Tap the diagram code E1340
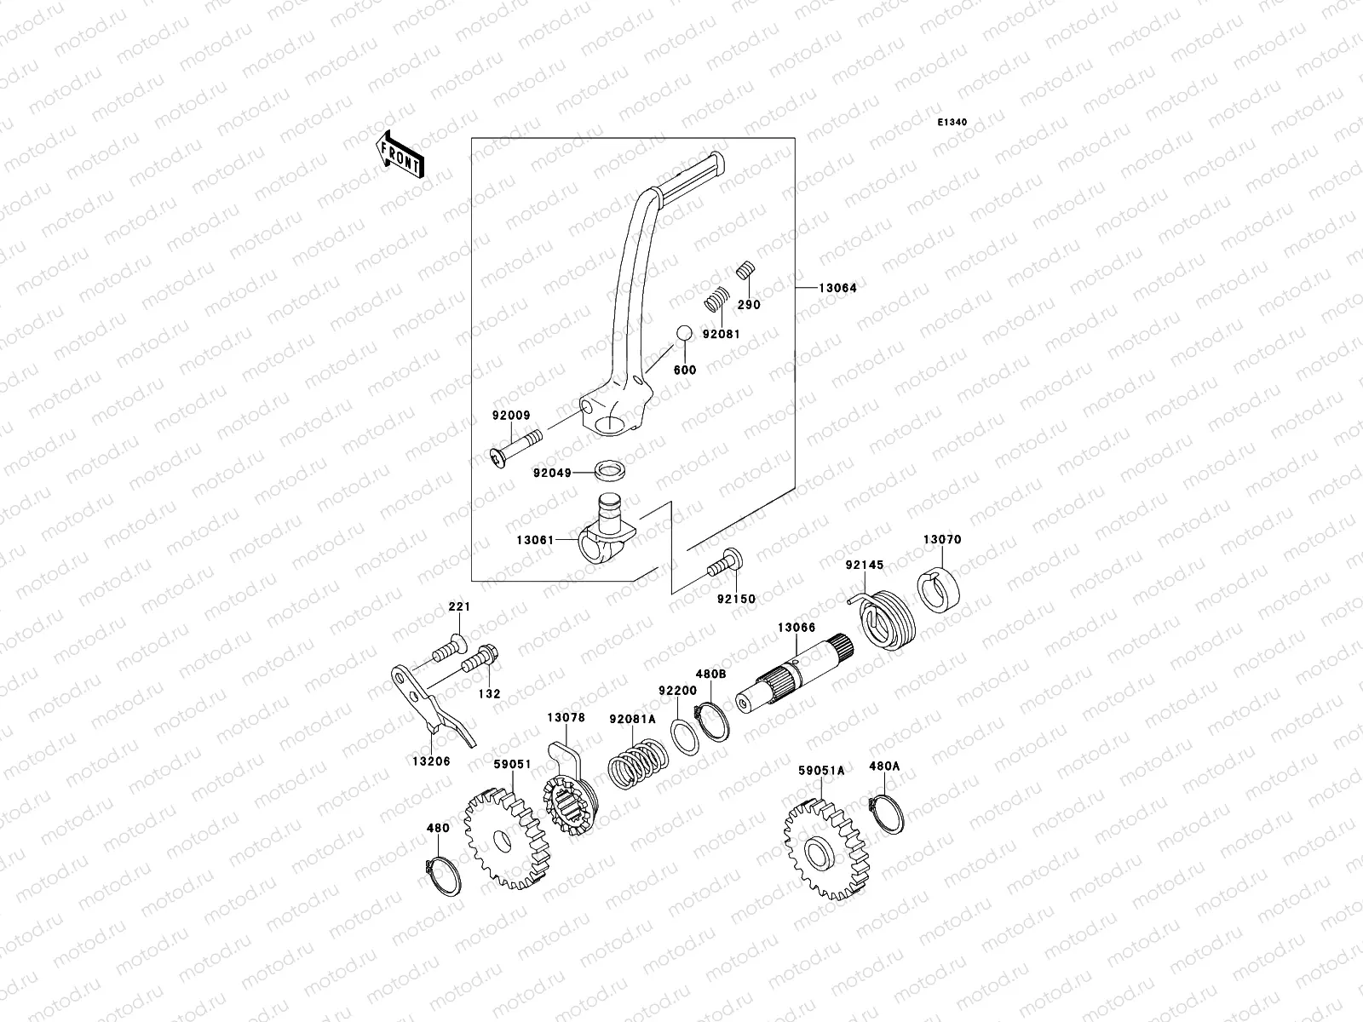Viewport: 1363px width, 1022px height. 952,123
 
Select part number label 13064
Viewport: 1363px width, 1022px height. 837,288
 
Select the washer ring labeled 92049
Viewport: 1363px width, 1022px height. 607,470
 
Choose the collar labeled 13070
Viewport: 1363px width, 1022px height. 941,589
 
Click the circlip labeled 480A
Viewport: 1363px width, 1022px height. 888,813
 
